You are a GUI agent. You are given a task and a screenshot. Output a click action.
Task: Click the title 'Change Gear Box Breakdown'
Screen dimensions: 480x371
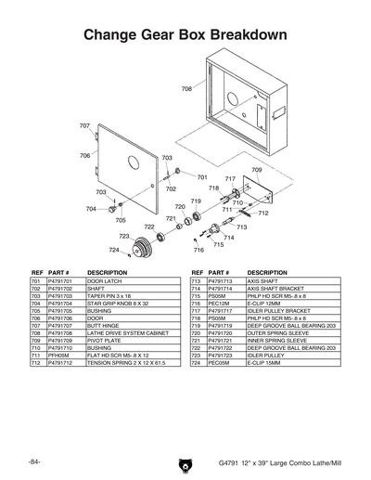tap(185, 34)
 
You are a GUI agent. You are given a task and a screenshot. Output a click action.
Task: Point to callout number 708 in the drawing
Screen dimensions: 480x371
tap(186, 89)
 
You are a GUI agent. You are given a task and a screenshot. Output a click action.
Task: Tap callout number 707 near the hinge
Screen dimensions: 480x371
tap(84, 125)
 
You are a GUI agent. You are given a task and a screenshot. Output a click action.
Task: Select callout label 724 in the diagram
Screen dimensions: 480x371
tap(112, 250)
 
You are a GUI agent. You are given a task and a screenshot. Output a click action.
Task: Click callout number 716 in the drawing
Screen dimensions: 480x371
tap(198, 251)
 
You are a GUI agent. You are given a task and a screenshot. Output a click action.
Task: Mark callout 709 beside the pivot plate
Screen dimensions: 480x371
tap(257, 171)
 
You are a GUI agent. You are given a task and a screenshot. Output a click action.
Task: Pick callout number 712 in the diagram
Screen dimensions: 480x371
tap(263, 214)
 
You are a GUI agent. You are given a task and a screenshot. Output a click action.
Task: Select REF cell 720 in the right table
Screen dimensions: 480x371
tap(196, 332)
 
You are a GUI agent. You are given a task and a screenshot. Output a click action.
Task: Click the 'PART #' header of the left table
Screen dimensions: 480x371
tap(59, 273)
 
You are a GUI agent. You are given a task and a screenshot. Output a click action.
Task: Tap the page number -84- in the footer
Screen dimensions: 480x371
tap(34, 460)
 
